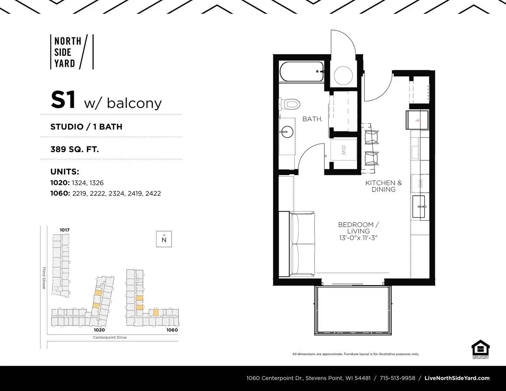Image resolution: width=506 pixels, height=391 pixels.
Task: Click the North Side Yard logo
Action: (72, 52)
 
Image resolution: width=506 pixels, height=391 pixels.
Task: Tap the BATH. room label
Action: (312, 119)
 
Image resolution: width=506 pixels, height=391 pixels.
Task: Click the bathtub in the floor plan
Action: (302, 71)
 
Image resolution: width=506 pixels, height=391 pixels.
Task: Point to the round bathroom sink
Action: (287, 132)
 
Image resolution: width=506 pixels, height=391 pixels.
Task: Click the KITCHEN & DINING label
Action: (384, 186)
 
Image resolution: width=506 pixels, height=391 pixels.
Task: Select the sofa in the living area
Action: (302, 244)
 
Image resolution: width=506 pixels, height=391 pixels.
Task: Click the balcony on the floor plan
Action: (353, 310)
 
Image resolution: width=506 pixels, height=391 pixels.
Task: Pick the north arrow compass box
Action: (164, 239)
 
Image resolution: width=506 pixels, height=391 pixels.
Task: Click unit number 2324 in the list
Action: (116, 194)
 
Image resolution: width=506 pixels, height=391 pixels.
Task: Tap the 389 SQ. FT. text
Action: (75, 149)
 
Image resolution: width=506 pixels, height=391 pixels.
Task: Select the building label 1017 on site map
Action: (64, 230)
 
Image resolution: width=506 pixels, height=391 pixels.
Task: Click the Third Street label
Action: (44, 278)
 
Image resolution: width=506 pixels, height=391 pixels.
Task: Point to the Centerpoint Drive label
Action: (110, 337)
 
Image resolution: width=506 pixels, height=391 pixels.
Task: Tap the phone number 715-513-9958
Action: (397, 378)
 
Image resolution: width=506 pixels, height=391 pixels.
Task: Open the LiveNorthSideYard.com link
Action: (457, 378)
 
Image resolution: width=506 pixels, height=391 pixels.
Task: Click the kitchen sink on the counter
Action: (419, 207)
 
